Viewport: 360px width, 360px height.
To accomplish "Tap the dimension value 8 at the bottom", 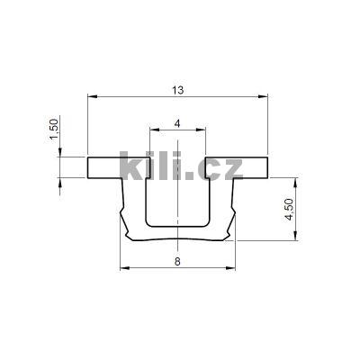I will tap(178, 261).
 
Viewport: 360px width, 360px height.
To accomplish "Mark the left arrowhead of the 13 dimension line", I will tap(92, 96).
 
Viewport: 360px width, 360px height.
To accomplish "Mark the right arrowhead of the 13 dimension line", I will tap(265, 96).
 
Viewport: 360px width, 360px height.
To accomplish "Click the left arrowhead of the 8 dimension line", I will tap(123, 268).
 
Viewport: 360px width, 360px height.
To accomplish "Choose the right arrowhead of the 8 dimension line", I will tap(234, 268).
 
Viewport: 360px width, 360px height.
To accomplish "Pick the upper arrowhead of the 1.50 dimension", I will tap(59, 154).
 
